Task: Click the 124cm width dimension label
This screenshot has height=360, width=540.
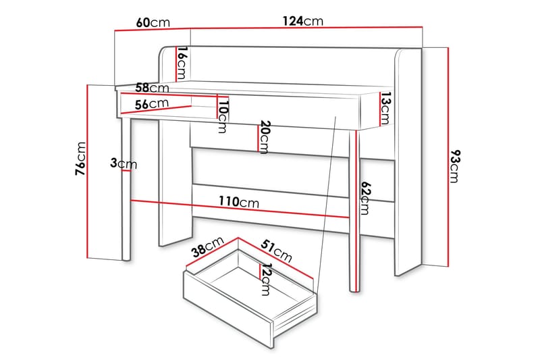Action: (x=303, y=21)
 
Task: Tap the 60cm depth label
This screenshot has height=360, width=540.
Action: (x=153, y=22)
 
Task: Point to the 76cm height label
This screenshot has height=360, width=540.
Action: (x=80, y=160)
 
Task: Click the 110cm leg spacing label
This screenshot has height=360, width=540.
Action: (x=238, y=202)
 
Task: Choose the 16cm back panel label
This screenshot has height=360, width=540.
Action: (x=182, y=63)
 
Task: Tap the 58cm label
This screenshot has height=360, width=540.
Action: (x=152, y=88)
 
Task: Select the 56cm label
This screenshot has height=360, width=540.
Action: (x=151, y=104)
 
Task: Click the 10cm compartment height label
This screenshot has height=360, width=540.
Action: (x=223, y=115)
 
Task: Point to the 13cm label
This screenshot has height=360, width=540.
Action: (x=384, y=109)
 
